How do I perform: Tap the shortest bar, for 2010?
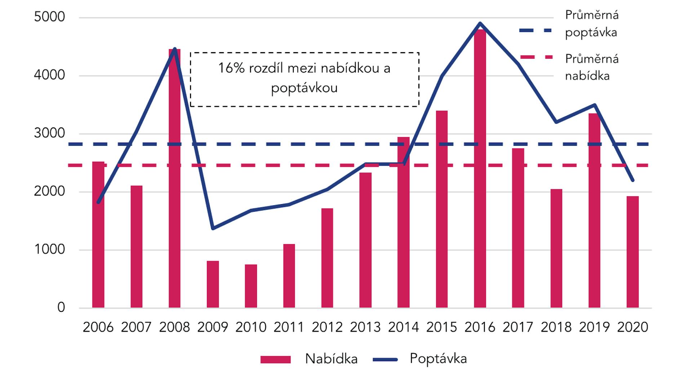[251, 286]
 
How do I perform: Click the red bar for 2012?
[327, 258]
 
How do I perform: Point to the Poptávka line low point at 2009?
[213, 228]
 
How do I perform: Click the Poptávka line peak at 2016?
[480, 23]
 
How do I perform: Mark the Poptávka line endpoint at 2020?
[633, 180]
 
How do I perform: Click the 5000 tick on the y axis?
[49, 17]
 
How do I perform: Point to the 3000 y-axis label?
[49, 133]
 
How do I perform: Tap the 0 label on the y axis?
[61, 308]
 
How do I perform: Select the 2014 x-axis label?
[403, 327]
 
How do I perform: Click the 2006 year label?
[98, 327]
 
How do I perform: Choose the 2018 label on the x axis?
[556, 327]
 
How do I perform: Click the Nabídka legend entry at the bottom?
[331, 359]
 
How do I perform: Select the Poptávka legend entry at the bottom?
[438, 359]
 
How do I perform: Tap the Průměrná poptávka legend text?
[591, 24]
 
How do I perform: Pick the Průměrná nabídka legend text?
[591, 67]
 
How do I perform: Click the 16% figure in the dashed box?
[231, 68]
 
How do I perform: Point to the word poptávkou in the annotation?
[304, 88]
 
